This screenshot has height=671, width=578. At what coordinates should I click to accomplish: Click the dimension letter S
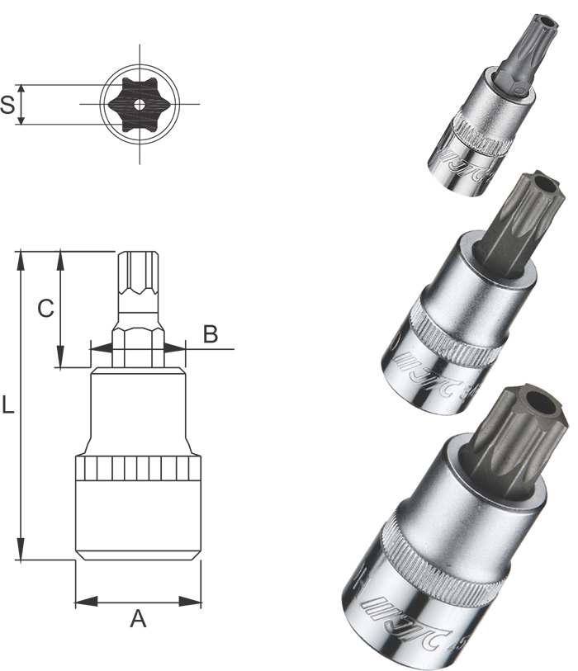pos(8,105)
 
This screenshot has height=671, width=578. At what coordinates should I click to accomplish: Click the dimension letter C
pos(46,308)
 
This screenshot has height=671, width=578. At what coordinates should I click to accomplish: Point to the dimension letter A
pos(138,618)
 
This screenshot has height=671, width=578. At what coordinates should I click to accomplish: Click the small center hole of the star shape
pos(139,104)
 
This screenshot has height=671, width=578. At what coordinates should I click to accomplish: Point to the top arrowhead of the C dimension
pos(60,258)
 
